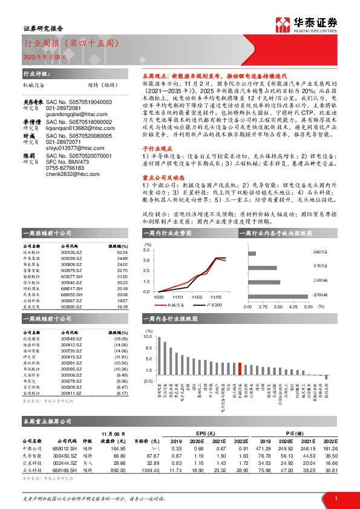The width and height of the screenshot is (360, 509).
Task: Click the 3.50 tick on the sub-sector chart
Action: (x=278, y=307)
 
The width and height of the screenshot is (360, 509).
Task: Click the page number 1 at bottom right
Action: (x=335, y=497)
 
